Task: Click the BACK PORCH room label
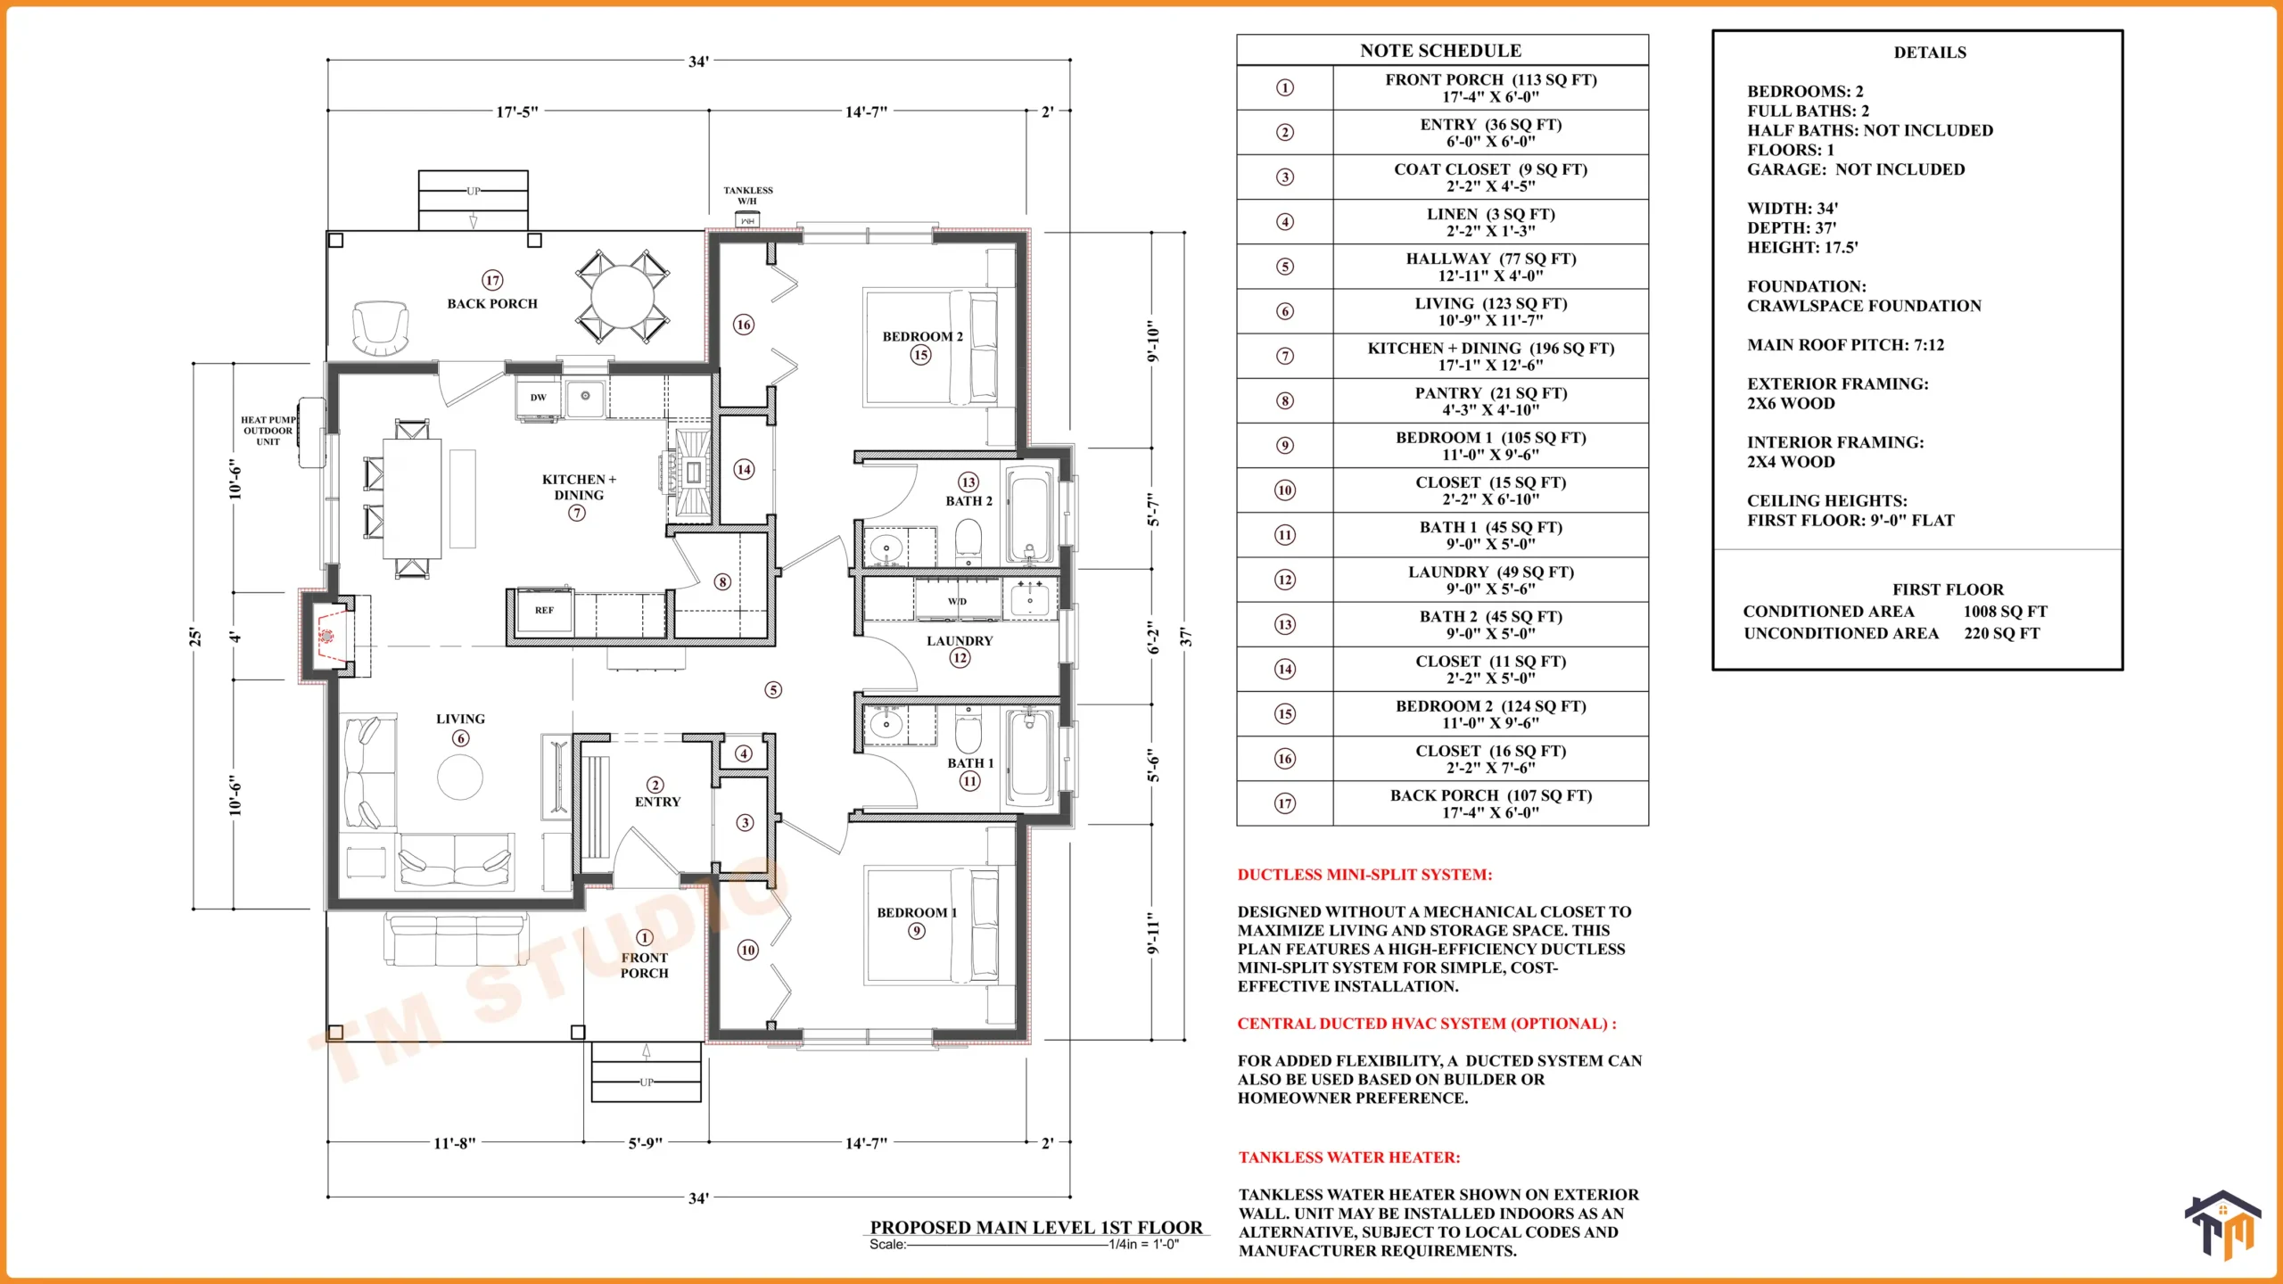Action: tap(492, 303)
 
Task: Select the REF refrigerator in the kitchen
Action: tap(544, 611)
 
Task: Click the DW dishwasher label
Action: tap(538, 398)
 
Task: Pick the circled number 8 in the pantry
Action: tap(722, 582)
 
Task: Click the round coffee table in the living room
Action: tap(460, 777)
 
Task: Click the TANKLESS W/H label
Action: tap(748, 195)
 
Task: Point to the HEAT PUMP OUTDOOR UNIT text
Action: tap(268, 431)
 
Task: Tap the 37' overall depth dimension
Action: tap(1184, 637)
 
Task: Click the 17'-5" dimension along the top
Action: tap(517, 111)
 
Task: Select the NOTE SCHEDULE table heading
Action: tap(1441, 51)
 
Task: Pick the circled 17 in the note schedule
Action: tap(1285, 803)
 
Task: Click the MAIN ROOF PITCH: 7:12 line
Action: tap(1845, 345)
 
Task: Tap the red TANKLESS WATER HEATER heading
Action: tap(1349, 1157)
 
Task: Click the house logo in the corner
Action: tap(2223, 1225)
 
